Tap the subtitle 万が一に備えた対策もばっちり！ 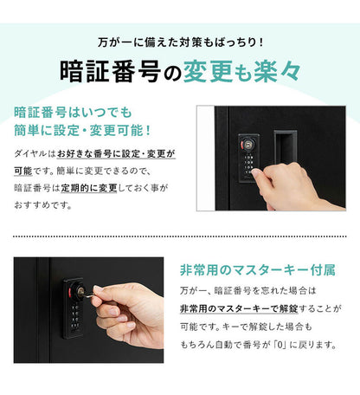(x=180, y=41)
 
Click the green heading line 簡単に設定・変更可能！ (x=83, y=131)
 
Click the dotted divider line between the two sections (x=180, y=235)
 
